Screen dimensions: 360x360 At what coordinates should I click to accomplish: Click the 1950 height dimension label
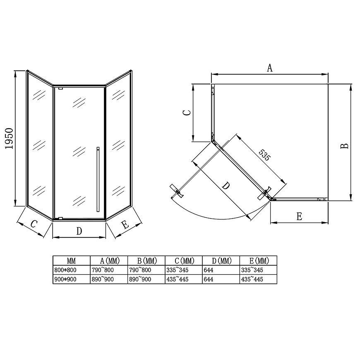10,139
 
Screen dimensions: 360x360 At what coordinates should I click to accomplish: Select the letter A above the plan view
270,68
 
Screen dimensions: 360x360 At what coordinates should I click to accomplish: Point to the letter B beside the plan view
344,146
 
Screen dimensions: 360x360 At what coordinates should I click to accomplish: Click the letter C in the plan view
187,113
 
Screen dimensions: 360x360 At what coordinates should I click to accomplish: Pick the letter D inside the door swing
226,185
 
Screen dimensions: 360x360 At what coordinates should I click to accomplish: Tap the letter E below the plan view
299,216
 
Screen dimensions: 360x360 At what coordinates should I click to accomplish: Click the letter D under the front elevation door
79,231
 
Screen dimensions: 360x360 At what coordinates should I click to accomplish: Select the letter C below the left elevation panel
34,223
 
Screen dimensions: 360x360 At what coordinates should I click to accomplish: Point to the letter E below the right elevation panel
125,224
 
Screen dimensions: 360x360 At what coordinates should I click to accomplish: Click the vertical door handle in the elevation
98,179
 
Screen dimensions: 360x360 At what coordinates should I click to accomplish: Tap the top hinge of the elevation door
60,88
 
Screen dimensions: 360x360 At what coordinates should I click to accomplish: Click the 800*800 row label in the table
65,270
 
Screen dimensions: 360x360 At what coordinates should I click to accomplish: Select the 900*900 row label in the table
65,279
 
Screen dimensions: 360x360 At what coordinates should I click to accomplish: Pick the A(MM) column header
110,261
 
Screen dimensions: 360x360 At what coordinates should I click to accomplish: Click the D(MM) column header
221,261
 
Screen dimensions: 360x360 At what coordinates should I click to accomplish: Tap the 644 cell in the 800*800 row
208,270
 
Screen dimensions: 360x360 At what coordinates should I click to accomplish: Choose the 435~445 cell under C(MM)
177,279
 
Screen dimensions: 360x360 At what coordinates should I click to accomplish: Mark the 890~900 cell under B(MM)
140,279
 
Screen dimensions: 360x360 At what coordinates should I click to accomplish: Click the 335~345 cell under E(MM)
252,270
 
